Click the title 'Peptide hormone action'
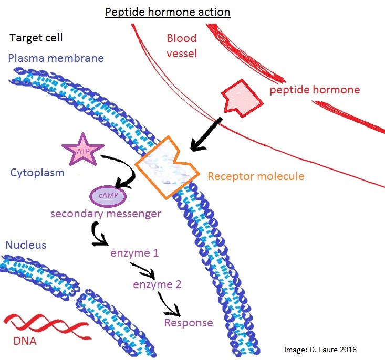pyautogui.click(x=168, y=12)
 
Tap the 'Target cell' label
pyautogui.click(x=36, y=38)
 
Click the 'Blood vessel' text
pyautogui.click(x=182, y=46)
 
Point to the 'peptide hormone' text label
pyautogui.click(x=315, y=90)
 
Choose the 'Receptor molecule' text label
pyautogui.click(x=256, y=176)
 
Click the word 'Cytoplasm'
pyautogui.click(x=37, y=172)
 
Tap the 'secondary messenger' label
pyautogui.click(x=105, y=214)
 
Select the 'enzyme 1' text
pyautogui.click(x=134, y=253)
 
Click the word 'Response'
pyautogui.click(x=189, y=322)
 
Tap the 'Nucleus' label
pyautogui.click(x=26, y=245)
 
